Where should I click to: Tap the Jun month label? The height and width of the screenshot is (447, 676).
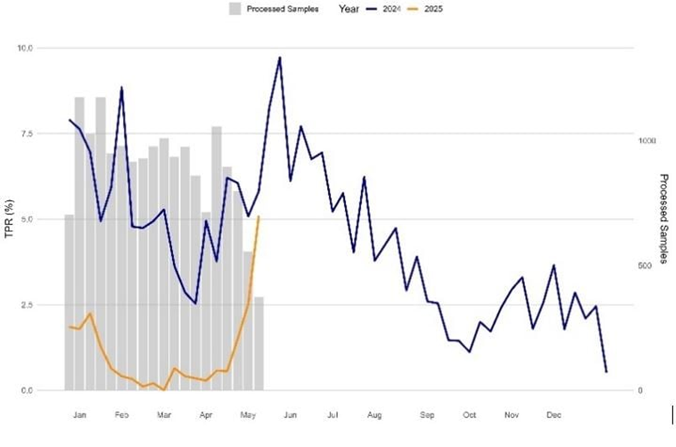click(290, 415)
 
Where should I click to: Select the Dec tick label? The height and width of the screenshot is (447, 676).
click(554, 415)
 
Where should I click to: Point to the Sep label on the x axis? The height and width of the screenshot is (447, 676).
click(427, 415)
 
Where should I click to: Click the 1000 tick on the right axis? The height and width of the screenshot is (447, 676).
click(647, 141)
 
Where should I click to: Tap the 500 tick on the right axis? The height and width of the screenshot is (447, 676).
click(645, 266)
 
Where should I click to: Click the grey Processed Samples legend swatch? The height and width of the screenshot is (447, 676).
click(234, 9)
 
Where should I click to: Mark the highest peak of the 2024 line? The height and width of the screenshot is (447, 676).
click(280, 57)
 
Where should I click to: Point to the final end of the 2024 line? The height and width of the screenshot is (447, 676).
click(606, 371)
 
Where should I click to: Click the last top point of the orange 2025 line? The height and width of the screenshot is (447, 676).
click(258, 216)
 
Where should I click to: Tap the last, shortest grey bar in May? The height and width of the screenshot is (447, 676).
click(258, 343)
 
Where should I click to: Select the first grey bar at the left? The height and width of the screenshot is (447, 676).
click(69, 302)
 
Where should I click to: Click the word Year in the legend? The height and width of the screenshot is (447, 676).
click(349, 9)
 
